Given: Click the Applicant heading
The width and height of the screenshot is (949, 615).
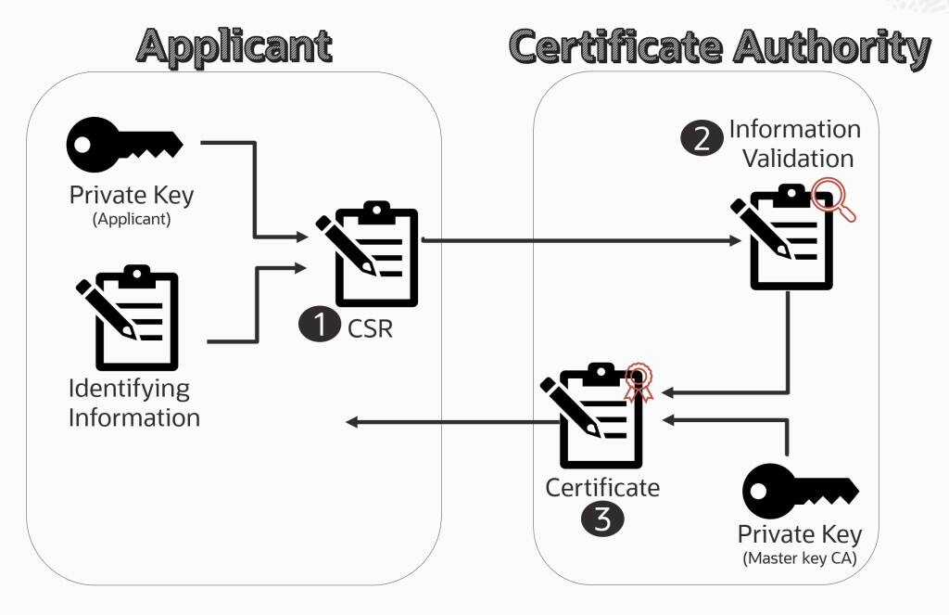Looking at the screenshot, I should click(x=234, y=45).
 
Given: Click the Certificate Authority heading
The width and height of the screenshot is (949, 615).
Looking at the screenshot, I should click(x=719, y=45).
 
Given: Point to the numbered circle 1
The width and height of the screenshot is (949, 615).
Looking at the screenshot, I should click(x=320, y=326).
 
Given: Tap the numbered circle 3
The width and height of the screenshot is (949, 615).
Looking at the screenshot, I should click(x=602, y=519).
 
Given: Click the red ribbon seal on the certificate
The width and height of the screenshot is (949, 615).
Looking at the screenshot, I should click(x=637, y=381).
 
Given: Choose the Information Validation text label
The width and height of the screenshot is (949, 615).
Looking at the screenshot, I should click(x=794, y=143).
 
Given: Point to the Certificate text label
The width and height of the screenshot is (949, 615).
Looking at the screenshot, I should click(x=602, y=487).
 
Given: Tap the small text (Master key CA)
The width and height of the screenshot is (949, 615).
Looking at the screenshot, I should click(x=800, y=558).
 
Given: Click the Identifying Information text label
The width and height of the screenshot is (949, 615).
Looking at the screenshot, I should click(x=134, y=403).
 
